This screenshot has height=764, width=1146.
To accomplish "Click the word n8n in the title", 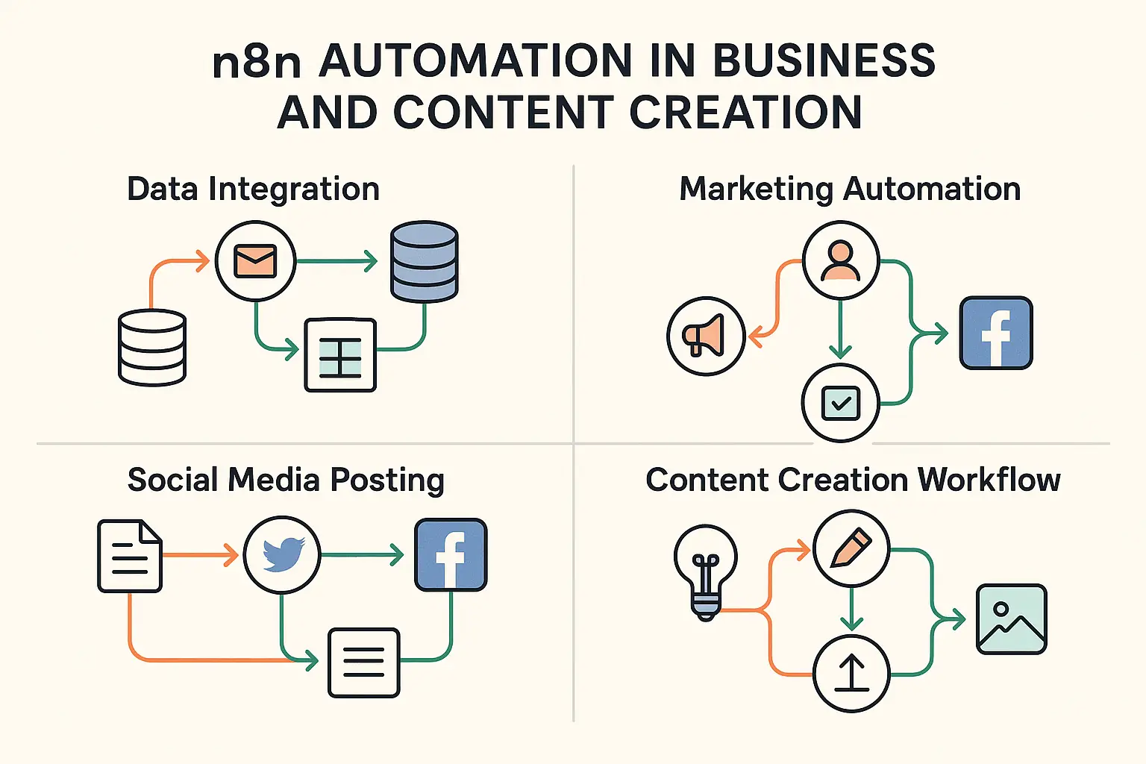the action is pyautogui.click(x=257, y=61).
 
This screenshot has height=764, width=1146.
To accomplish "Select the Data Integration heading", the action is pyautogui.click(x=253, y=190).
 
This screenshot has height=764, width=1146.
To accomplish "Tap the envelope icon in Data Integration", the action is pyautogui.click(x=255, y=261).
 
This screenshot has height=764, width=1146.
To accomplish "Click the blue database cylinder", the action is pyautogui.click(x=424, y=261).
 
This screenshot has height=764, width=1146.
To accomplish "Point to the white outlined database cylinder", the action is pyautogui.click(x=152, y=348).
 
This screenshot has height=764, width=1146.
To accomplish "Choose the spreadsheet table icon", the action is pyautogui.click(x=340, y=355).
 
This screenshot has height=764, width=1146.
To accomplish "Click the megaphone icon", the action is pyautogui.click(x=706, y=336).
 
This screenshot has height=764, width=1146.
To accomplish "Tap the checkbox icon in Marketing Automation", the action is pyautogui.click(x=841, y=403).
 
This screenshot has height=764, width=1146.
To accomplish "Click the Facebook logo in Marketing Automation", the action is pyautogui.click(x=996, y=333).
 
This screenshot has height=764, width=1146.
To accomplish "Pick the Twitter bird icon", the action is pyautogui.click(x=282, y=554).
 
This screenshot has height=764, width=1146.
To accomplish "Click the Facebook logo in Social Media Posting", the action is pyautogui.click(x=451, y=554).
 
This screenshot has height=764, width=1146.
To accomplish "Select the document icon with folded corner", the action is pyautogui.click(x=130, y=557).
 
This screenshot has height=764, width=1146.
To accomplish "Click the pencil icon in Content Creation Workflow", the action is pyautogui.click(x=851, y=548).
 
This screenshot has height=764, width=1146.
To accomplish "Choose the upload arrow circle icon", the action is pyautogui.click(x=851, y=674).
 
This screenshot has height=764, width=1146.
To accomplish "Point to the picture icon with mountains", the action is pyautogui.click(x=1012, y=619).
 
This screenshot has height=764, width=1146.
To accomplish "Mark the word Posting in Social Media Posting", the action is pyautogui.click(x=387, y=481).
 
